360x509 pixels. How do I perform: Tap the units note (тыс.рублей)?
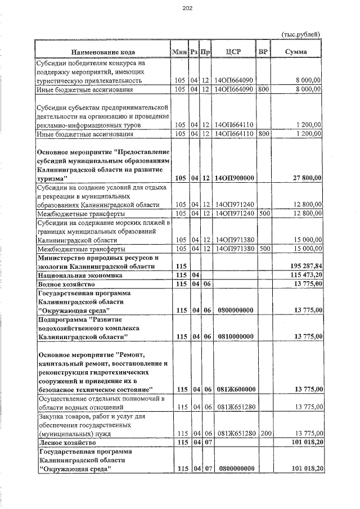[301, 35]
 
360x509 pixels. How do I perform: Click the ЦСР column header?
[233, 52]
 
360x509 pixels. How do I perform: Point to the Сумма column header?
[296, 52]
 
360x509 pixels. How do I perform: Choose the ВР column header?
[262, 52]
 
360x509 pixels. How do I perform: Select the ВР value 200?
[264, 434]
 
